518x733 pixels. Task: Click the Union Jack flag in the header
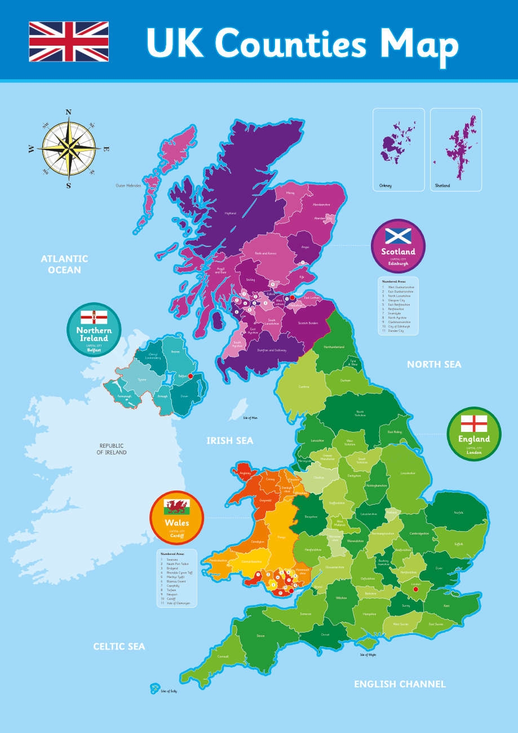coord(69,41)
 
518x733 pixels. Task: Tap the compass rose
coord(69,148)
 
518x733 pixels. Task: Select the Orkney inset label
coord(386,186)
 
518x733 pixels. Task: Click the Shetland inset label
coord(442,186)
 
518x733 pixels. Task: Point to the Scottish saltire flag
coord(398,236)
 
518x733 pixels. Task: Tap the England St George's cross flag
coord(473,423)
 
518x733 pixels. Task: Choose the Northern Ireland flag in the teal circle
coord(94,317)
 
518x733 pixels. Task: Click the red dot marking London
coord(416,589)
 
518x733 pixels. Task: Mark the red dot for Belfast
coord(191,376)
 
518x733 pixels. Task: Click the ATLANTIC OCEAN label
coord(64,264)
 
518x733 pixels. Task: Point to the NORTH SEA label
coord(434,365)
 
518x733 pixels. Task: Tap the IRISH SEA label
coord(229,440)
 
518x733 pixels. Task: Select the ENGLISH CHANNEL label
coord(400,684)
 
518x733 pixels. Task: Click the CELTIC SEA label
coord(119,646)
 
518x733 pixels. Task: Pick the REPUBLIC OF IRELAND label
coord(112,449)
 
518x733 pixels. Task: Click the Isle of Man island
coord(241,407)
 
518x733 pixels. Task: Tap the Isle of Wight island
coord(368,644)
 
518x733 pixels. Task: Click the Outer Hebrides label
coord(129,185)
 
